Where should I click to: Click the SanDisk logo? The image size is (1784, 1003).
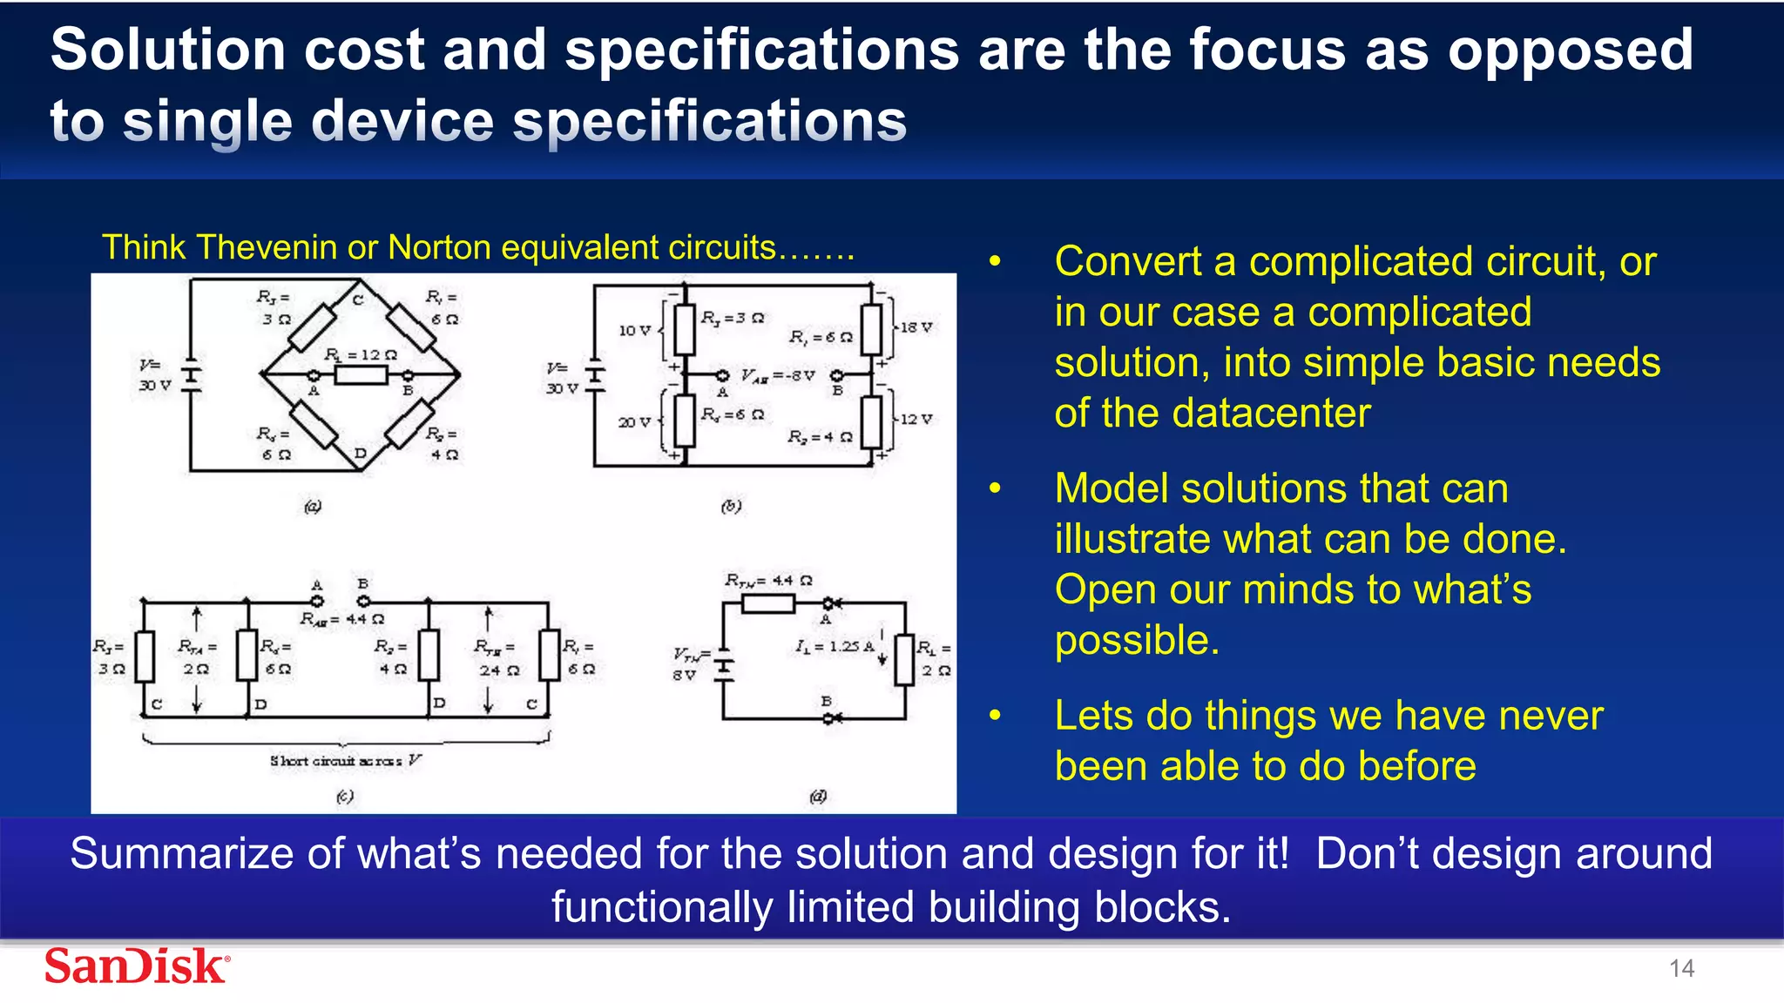(x=138, y=966)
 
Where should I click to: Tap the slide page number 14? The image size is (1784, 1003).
(x=1681, y=968)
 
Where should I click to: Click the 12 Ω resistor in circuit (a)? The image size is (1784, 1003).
(x=361, y=375)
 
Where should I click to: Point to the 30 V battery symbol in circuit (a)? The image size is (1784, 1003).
(x=191, y=376)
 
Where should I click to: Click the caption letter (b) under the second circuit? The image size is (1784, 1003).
(x=731, y=506)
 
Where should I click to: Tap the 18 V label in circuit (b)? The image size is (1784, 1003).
(x=916, y=327)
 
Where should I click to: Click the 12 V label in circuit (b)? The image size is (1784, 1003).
(x=916, y=419)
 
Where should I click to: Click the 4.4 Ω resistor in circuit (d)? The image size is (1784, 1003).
(x=767, y=602)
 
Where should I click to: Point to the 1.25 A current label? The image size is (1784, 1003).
(x=834, y=647)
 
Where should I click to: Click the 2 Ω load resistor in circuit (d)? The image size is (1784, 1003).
(x=905, y=660)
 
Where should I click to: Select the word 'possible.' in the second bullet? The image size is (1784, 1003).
(x=1137, y=640)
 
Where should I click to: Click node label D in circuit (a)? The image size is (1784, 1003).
(x=360, y=454)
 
